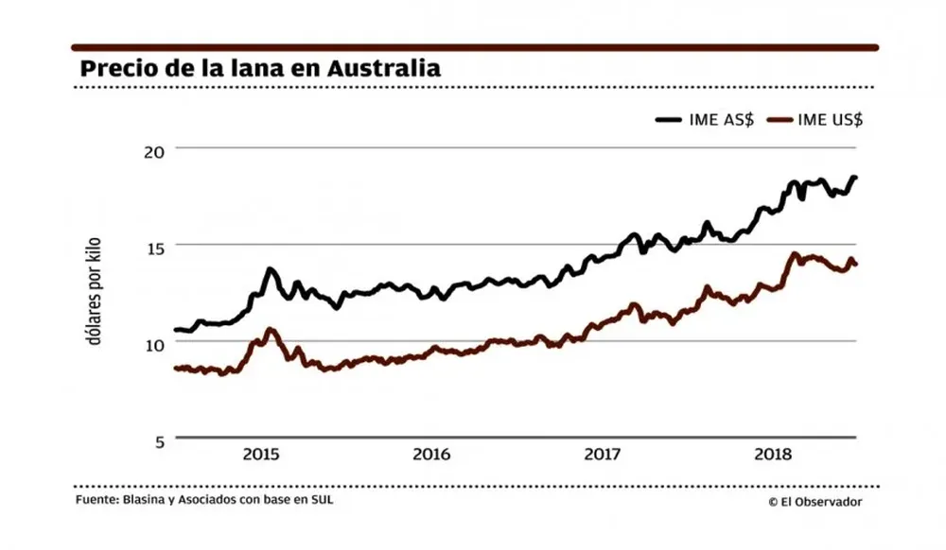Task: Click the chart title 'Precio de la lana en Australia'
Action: click(x=260, y=69)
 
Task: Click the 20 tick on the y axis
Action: click(x=154, y=150)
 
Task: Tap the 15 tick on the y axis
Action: click(x=154, y=247)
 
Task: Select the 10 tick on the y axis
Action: click(x=154, y=343)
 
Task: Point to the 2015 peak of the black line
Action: click(x=271, y=269)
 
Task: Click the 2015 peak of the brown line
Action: click(x=271, y=329)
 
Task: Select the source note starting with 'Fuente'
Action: click(x=204, y=500)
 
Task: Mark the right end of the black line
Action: click(x=855, y=178)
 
